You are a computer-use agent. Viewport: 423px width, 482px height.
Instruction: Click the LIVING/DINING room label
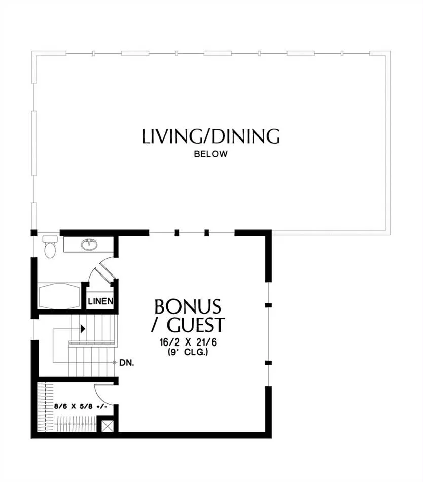[210, 136]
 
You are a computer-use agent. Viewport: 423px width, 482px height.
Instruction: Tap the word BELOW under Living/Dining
[210, 154]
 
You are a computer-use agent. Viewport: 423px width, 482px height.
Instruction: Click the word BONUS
[188, 306]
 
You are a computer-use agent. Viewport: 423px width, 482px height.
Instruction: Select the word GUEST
[196, 325]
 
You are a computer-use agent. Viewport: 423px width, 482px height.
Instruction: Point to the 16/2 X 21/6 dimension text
[188, 342]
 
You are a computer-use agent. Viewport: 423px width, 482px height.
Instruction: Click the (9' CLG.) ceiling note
[188, 352]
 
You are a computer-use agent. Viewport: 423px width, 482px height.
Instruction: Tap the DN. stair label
[127, 363]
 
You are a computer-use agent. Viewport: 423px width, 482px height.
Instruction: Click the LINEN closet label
[100, 301]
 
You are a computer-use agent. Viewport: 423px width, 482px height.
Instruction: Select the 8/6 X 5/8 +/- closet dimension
[81, 406]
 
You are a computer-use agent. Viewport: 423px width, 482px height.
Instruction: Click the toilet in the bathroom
[50, 247]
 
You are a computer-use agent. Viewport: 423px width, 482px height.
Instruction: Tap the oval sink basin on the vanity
[89, 245]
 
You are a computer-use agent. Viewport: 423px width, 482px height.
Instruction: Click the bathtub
[59, 296]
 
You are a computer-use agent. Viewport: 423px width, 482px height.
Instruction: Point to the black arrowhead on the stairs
[83, 329]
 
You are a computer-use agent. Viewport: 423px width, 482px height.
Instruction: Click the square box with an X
[107, 426]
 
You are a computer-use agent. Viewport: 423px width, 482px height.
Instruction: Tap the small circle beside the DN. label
[114, 363]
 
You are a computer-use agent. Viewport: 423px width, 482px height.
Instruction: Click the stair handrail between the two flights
[92, 343]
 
